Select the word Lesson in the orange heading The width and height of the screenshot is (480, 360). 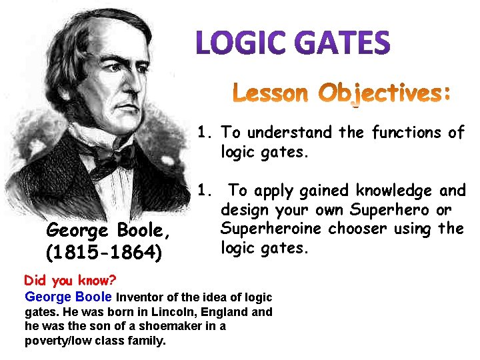[270, 93]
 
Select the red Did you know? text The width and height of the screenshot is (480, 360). [61, 281]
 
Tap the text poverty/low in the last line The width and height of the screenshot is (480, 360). [54, 341]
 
